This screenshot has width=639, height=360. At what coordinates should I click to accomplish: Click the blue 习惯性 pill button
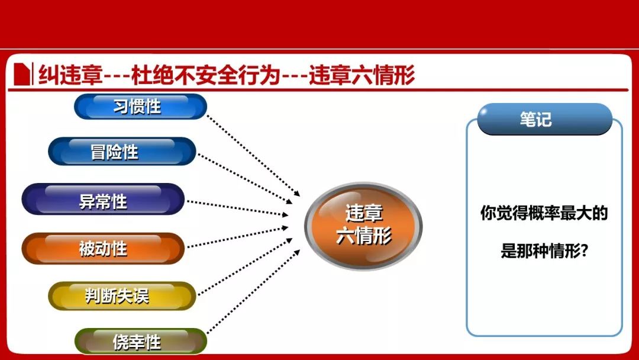coord(141,107)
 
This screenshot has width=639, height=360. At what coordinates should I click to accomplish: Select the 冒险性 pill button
coord(122,151)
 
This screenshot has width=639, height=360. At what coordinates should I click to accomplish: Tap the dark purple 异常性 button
coord(103,200)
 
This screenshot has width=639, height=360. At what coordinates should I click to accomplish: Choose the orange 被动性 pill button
coord(103,248)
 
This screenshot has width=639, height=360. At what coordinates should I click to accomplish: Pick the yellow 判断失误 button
coord(122,295)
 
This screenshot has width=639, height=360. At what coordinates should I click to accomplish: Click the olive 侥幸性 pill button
coord(141,341)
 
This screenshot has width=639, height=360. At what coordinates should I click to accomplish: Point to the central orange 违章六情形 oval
coord(363,226)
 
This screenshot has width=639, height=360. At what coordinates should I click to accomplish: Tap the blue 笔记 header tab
coord(544,119)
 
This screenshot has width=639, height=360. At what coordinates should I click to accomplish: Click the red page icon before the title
coord(22,74)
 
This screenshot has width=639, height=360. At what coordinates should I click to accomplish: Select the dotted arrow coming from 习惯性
coord(253,155)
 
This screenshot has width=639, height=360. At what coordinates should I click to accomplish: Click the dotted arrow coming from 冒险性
coord(245,179)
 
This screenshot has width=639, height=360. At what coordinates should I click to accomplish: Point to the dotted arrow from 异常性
coord(238,208)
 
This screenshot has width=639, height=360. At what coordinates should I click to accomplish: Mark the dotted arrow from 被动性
coord(238,237)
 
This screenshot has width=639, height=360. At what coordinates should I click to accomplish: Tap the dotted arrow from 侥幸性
coord(253,292)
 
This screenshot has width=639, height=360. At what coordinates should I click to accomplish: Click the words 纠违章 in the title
coord(70,75)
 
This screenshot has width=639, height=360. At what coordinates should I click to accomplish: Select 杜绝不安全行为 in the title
coord(206,75)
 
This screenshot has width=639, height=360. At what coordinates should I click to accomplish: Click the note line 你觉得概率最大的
coord(544,213)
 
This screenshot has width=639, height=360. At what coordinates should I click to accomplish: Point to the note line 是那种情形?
coord(544,250)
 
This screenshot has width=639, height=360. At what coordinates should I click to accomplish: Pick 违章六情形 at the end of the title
coord(362,75)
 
